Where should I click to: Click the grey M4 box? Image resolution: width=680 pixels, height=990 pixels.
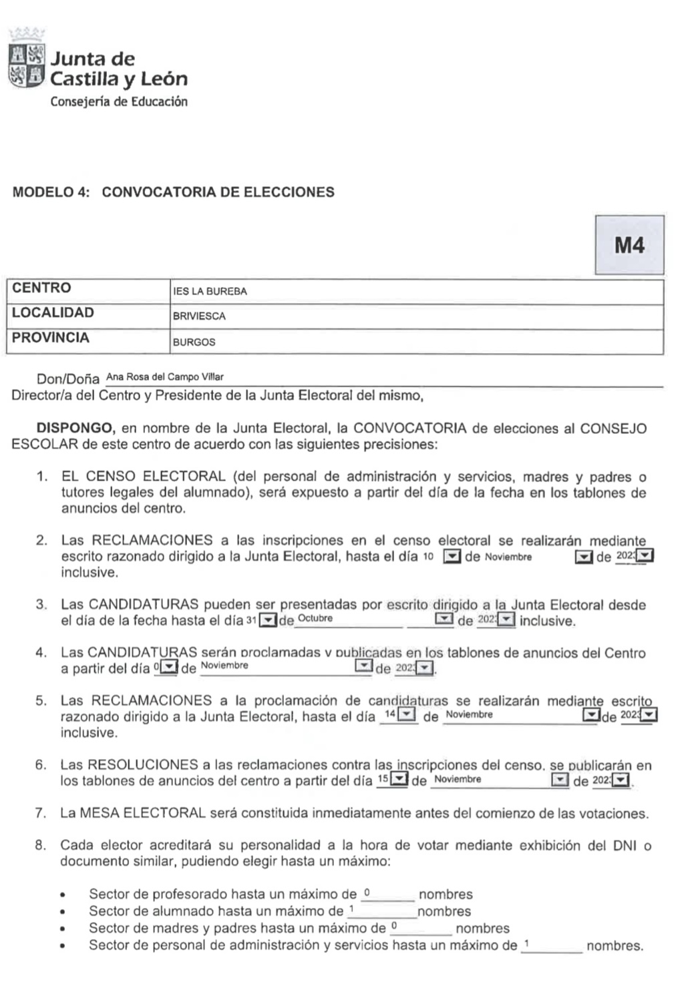click(629, 245)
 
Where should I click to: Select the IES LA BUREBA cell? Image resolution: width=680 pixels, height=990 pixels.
click(210, 292)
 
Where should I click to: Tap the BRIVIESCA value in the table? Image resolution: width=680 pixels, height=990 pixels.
click(199, 316)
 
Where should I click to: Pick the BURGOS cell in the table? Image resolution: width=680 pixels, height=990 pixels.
click(194, 342)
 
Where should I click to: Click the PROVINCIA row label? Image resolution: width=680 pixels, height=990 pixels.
click(51, 338)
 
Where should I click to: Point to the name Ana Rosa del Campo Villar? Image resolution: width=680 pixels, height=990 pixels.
click(165, 377)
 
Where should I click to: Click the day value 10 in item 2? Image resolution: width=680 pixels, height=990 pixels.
click(429, 557)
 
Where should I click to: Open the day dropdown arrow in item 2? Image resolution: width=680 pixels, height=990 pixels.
click(452, 557)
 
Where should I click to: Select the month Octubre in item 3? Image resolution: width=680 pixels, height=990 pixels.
click(315, 618)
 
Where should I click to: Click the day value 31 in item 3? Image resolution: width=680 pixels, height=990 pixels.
click(251, 620)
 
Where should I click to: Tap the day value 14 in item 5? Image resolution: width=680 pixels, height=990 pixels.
click(391, 715)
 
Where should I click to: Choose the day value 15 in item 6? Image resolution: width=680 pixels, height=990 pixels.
click(383, 779)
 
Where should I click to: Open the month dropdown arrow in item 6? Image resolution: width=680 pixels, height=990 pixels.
click(559, 780)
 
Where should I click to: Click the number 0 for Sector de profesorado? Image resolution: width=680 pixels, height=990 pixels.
click(367, 893)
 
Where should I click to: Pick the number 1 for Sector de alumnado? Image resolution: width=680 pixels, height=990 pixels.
click(351, 909)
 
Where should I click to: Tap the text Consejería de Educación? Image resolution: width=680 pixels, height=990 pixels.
click(119, 102)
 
